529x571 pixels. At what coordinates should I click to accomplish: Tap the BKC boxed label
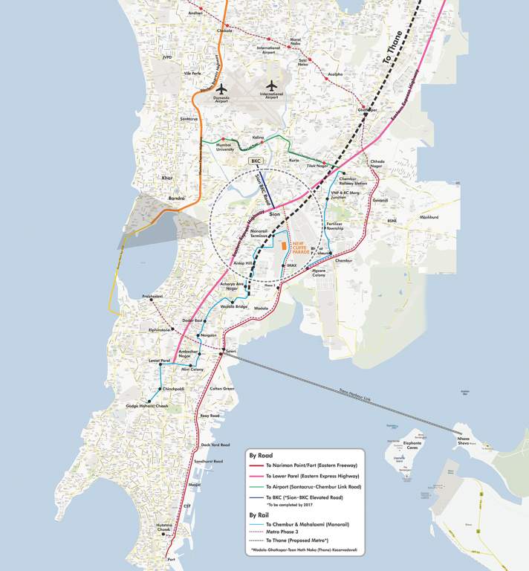pos(256,161)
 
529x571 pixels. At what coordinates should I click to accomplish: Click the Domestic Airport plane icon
pos(221,88)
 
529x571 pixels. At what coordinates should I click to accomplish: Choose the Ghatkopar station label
pos(367,111)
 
